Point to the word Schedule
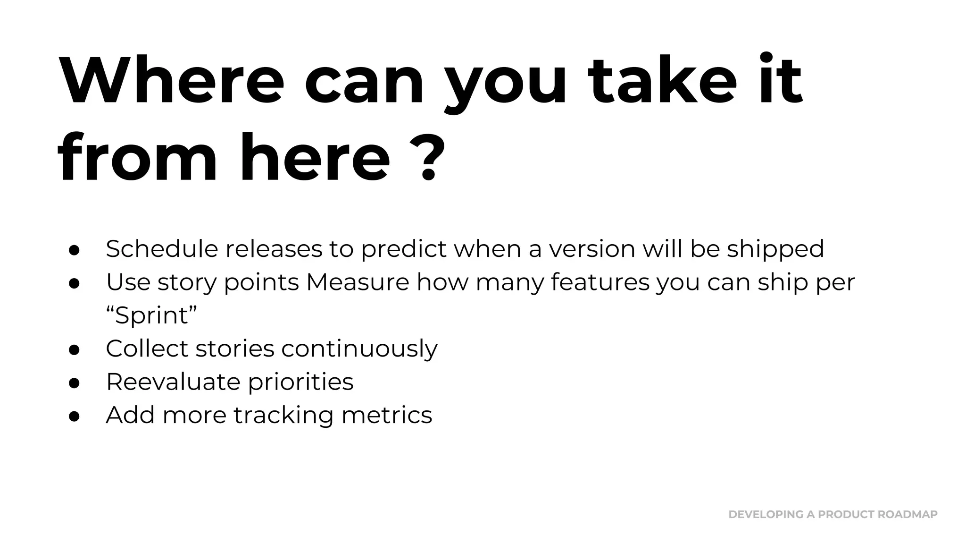162,249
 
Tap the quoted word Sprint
151,315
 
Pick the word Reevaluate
173,382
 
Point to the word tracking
283,416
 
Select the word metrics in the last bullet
386,415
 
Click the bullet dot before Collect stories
74,349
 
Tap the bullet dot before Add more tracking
74,416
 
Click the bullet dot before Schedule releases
74,250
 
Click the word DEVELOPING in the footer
766,514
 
